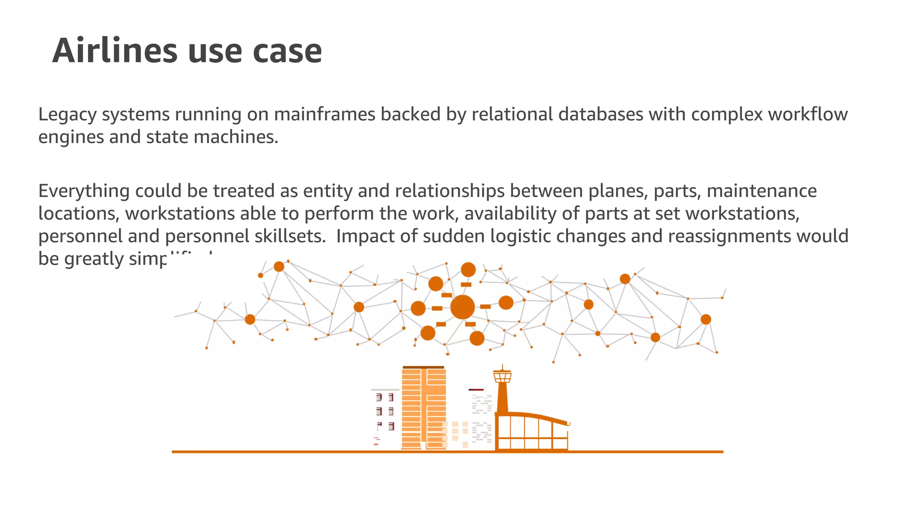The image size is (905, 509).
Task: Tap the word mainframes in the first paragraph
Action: [324, 114]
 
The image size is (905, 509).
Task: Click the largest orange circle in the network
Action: [462, 307]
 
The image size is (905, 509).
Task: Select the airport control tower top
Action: [502, 376]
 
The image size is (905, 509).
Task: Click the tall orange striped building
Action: [423, 409]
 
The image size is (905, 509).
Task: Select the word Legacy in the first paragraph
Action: [67, 114]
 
